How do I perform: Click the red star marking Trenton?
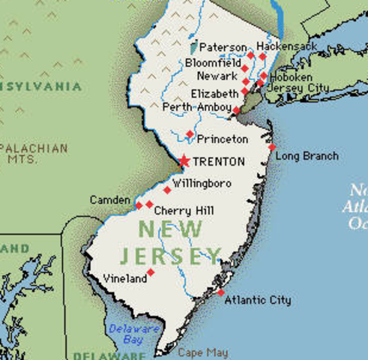tap(184, 160)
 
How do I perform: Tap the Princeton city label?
tap(223, 139)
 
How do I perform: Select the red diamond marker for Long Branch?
tap(272, 147)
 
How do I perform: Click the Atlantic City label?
tap(259, 301)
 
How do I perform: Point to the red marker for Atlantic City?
tap(221, 292)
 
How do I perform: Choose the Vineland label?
tap(125, 279)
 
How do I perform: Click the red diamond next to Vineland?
tap(151, 272)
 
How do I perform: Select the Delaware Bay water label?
tap(125, 334)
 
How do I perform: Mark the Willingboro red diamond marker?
tap(167, 190)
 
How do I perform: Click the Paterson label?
tap(223, 47)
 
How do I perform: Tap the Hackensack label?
tap(286, 46)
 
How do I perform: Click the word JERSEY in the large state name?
tap(179, 255)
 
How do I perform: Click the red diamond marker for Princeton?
tap(190, 134)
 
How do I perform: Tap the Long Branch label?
tap(307, 156)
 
